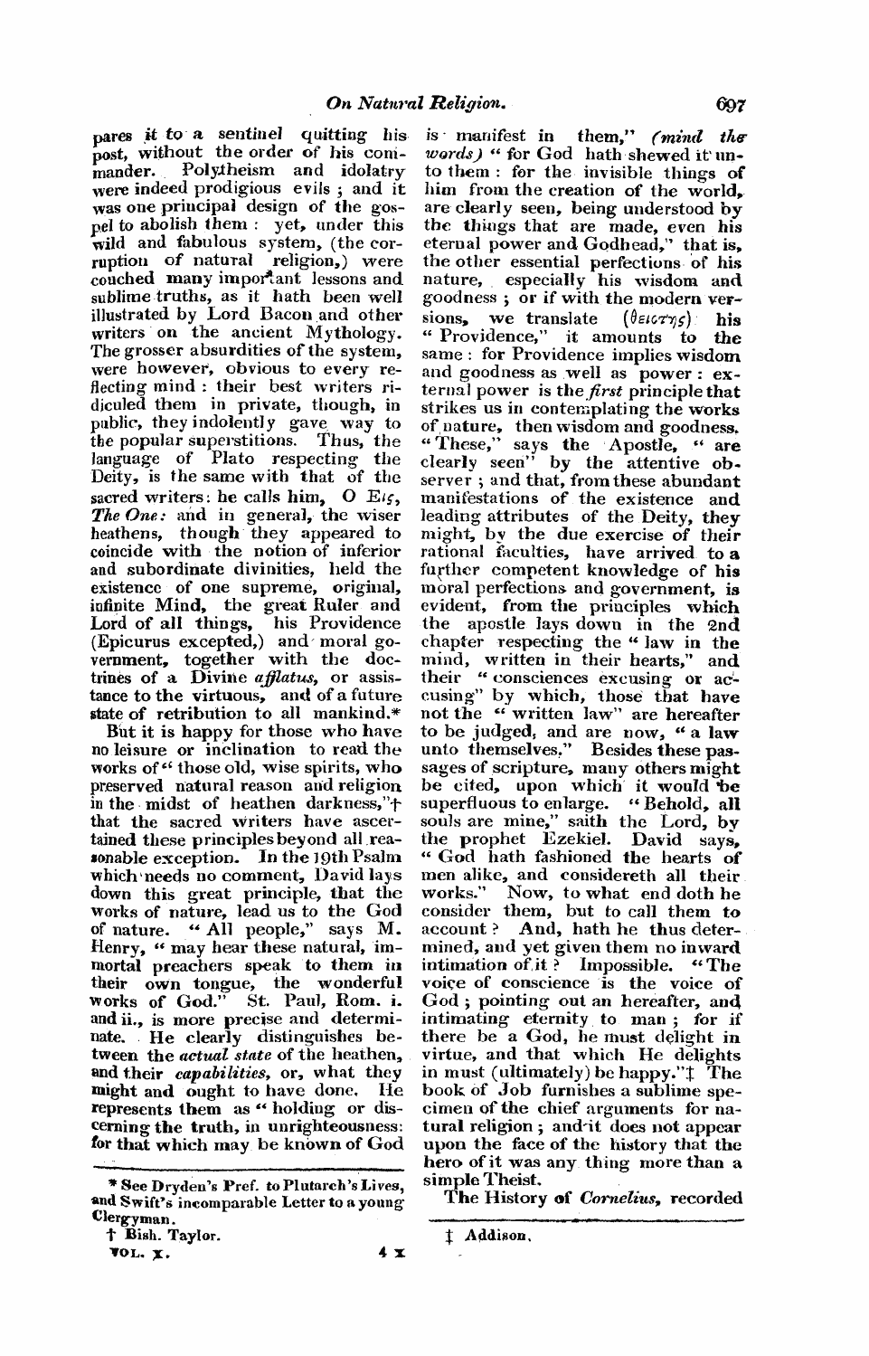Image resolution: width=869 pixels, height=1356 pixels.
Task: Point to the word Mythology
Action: pos(353,333)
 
